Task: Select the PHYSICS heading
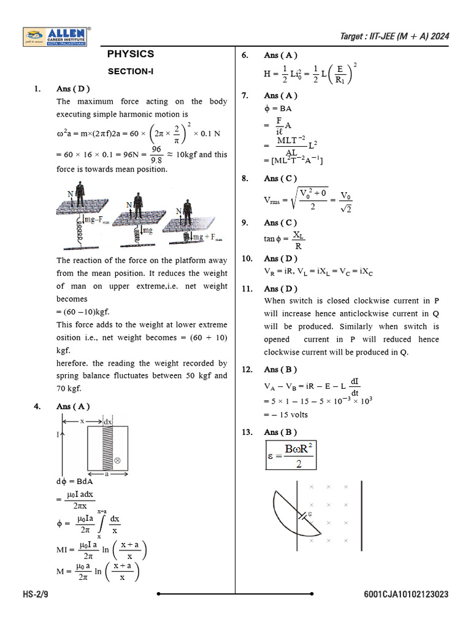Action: click(x=130, y=54)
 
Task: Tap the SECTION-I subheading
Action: click(x=130, y=72)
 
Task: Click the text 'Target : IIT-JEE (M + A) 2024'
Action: click(x=394, y=36)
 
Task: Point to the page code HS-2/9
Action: click(x=37, y=595)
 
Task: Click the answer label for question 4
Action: click(x=73, y=407)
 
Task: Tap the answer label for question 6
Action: click(x=280, y=55)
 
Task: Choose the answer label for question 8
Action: click(x=280, y=179)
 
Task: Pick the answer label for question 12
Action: click(x=280, y=370)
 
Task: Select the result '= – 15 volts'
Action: click(x=286, y=415)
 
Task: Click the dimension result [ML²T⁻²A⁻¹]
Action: click(x=294, y=161)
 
